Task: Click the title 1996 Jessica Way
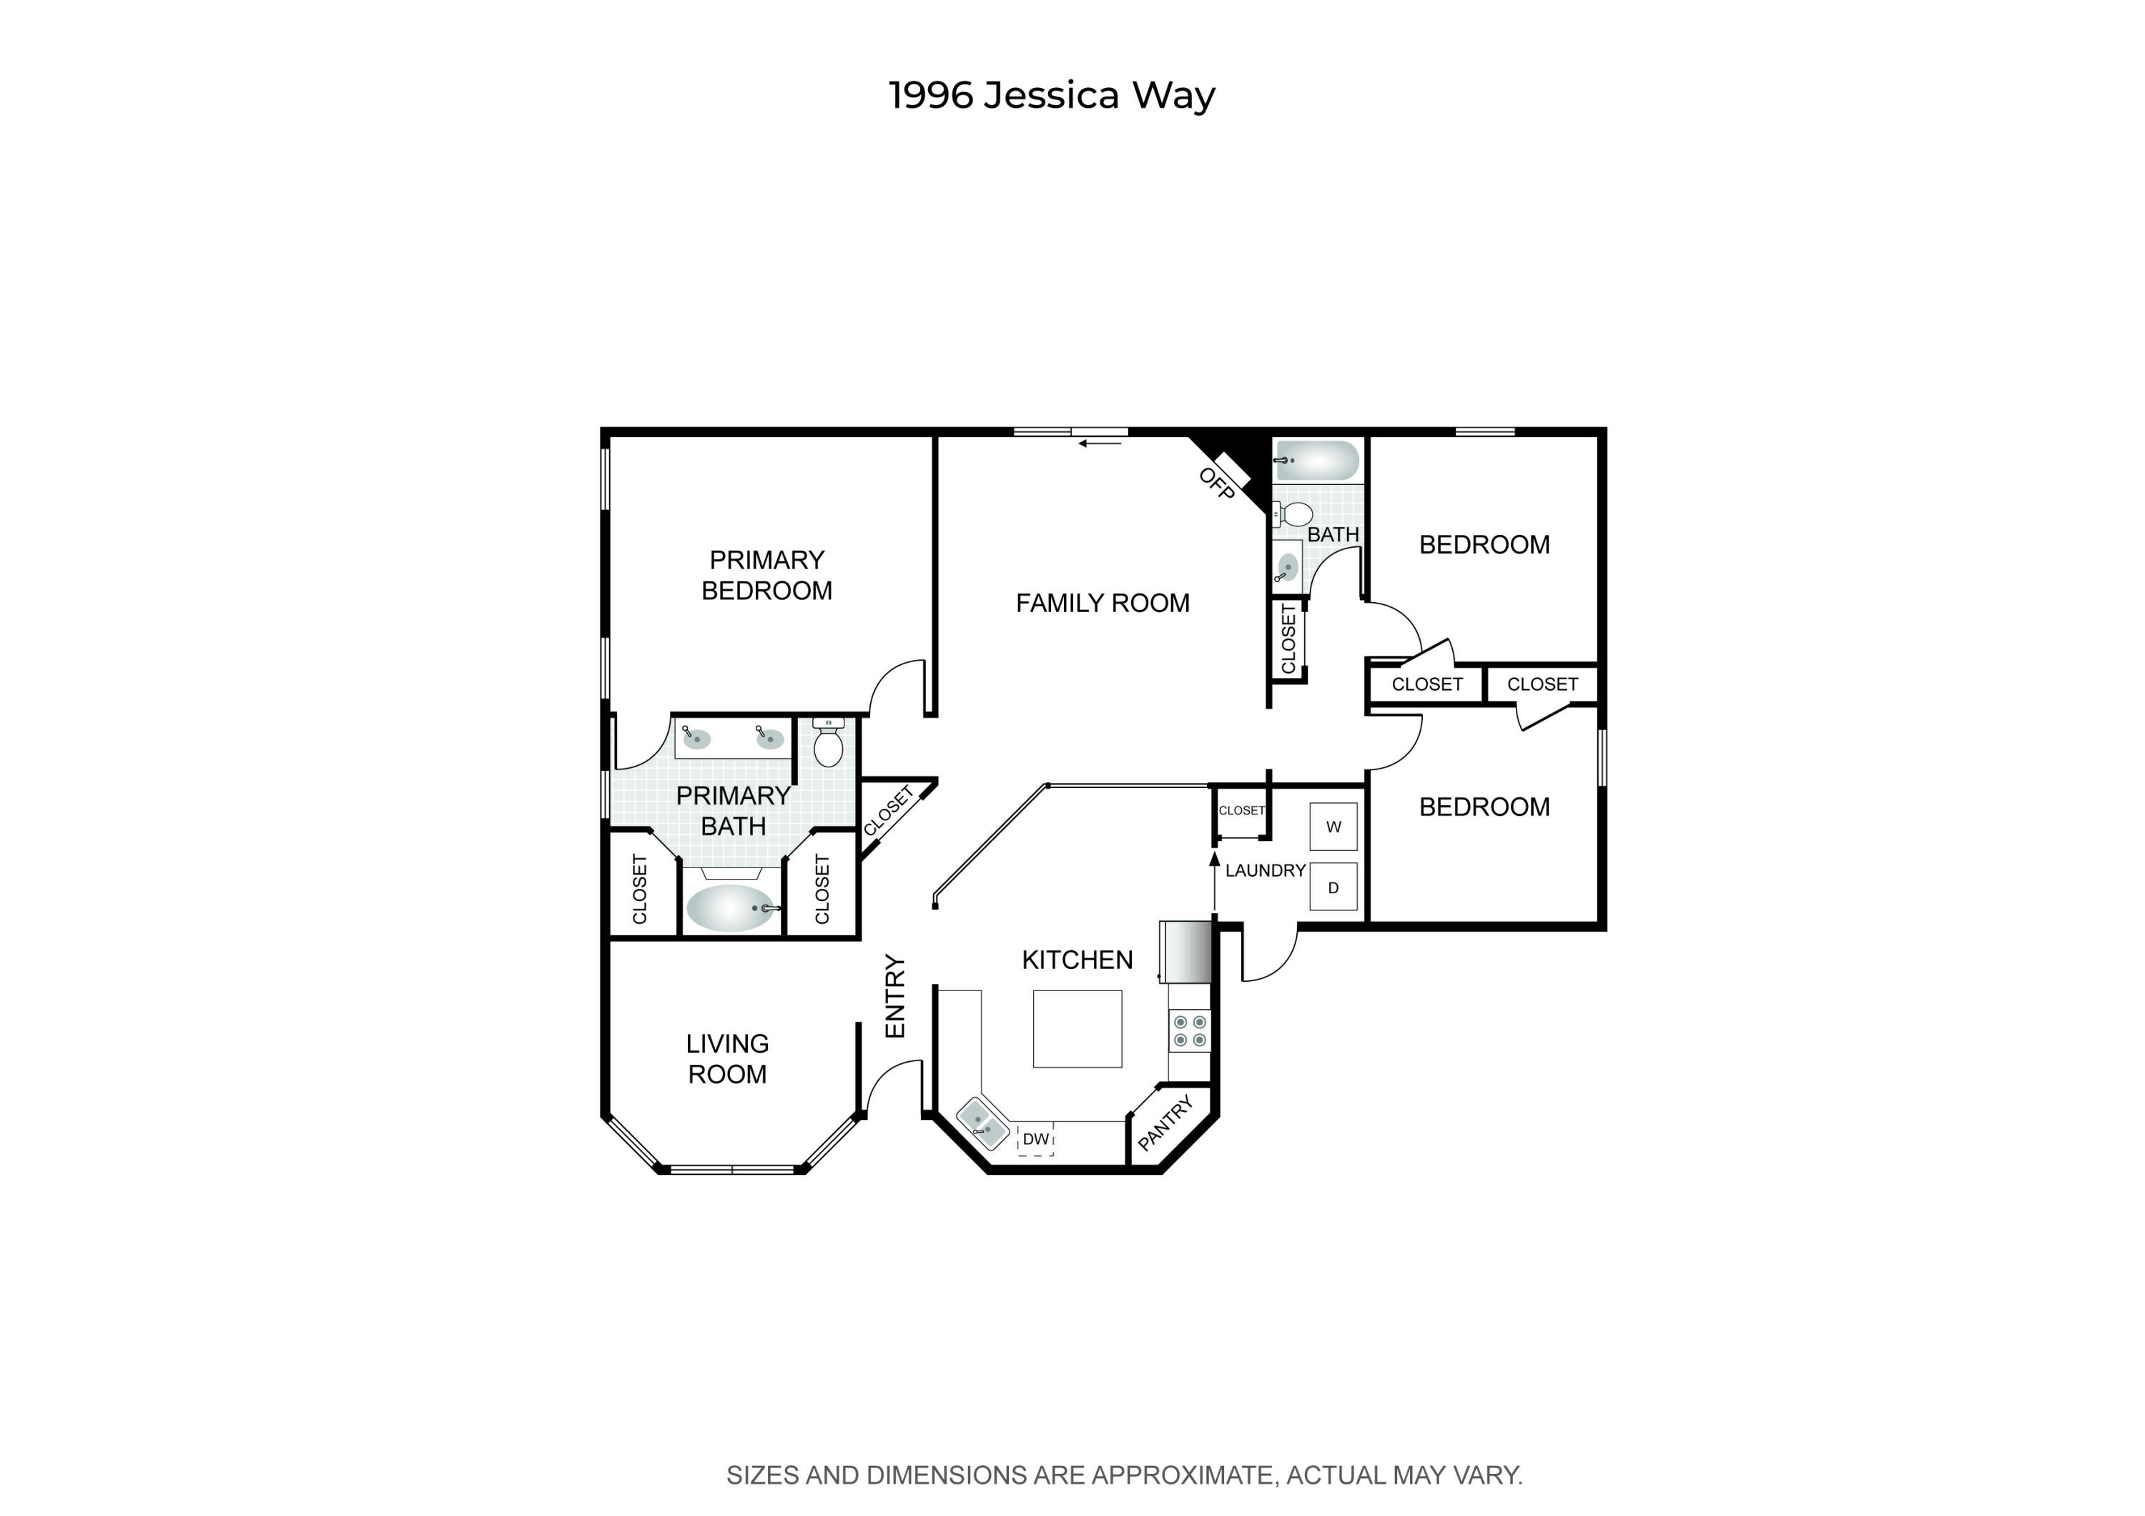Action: pyautogui.click(x=1051, y=95)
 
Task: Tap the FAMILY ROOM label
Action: pyautogui.click(x=1103, y=604)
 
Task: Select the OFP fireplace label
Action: pyautogui.click(x=1215, y=484)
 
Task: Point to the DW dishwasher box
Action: pyautogui.click(x=1035, y=1140)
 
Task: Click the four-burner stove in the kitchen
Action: pyautogui.click(x=1189, y=1031)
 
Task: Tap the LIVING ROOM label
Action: pyautogui.click(x=727, y=1058)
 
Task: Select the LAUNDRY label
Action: pyautogui.click(x=1265, y=870)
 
